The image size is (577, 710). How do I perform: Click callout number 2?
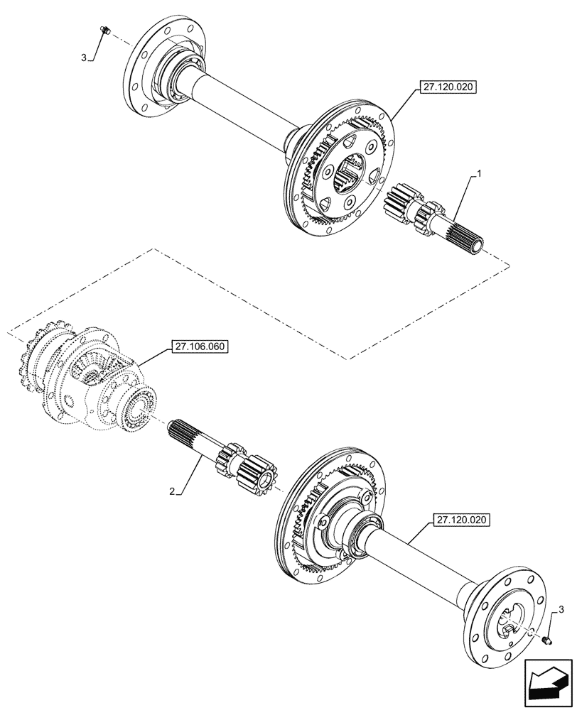pos(173,491)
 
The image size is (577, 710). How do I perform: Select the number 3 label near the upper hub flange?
pos(85,58)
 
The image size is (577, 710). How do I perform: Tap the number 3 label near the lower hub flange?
pos(562,609)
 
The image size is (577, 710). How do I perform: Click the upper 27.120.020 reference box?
pos(446,88)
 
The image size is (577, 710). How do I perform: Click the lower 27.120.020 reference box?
pos(460,520)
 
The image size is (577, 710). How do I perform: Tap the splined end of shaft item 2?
pos(186,433)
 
